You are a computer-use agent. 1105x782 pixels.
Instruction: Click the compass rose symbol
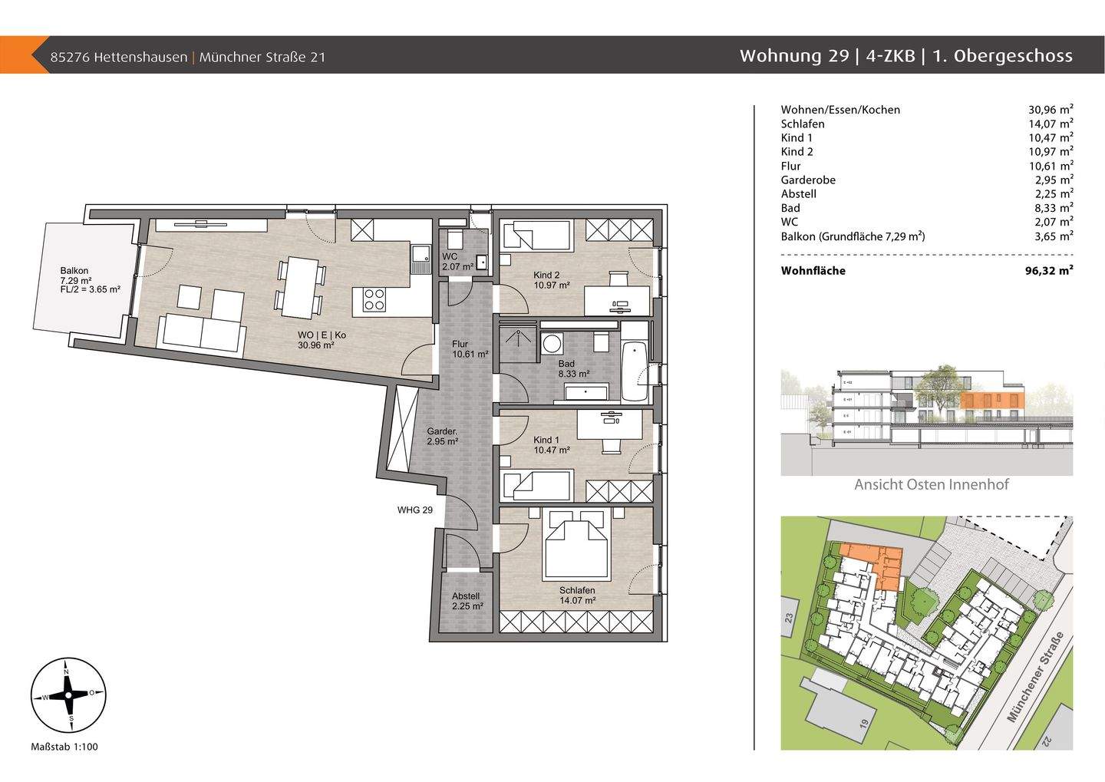[68, 696]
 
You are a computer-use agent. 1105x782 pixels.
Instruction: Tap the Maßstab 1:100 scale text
[64, 747]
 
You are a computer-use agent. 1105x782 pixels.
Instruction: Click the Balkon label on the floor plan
[74, 271]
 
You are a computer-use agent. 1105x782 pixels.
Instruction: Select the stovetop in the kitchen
[374, 299]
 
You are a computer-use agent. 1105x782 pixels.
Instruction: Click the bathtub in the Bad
[634, 373]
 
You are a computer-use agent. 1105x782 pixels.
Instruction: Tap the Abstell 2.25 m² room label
[467, 601]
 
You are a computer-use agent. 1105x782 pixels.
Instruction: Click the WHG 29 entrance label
[415, 510]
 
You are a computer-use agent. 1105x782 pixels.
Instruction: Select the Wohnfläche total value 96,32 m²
[1051, 271]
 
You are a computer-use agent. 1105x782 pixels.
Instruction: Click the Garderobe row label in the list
[808, 180]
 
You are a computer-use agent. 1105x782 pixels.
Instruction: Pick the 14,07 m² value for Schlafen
[1051, 124]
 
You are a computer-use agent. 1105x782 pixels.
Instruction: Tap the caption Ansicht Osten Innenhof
[931, 484]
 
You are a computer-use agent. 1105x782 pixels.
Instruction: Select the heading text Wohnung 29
[793, 56]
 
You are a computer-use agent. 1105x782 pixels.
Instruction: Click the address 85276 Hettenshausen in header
[118, 57]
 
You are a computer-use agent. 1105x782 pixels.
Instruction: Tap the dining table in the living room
[299, 287]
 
